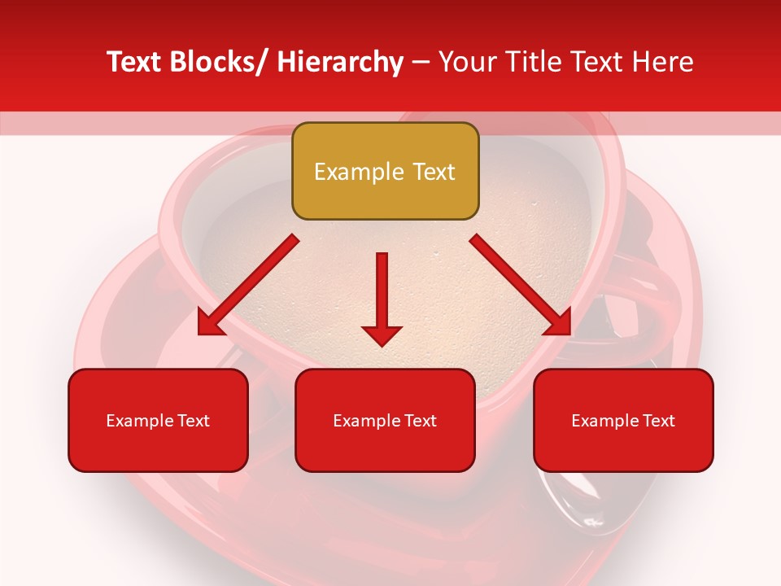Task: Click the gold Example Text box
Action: (x=385, y=171)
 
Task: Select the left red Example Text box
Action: (x=158, y=420)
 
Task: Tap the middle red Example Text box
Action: (x=385, y=420)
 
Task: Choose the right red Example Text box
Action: (x=623, y=420)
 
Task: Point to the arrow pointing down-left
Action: (x=248, y=285)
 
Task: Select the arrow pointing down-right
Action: (x=521, y=285)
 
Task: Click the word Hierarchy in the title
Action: (x=340, y=62)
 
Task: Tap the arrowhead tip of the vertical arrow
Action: (x=382, y=345)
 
